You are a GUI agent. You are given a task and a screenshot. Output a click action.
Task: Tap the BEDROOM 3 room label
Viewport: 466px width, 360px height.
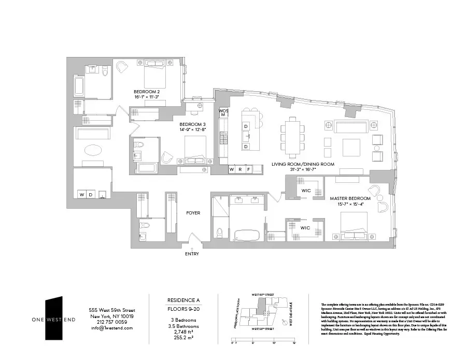[x=193, y=124]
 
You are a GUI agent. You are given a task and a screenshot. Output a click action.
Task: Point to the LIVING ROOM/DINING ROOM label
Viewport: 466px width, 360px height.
[x=303, y=164]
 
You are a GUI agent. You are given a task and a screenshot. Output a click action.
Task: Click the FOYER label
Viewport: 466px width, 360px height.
[x=193, y=213]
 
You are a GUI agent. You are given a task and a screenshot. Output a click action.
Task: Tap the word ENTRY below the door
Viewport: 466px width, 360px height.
[x=191, y=254]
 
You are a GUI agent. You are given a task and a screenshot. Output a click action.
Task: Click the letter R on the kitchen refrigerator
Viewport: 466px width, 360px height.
[x=240, y=169]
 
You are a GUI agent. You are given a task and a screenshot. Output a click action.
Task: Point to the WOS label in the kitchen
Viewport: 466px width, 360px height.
[x=223, y=111]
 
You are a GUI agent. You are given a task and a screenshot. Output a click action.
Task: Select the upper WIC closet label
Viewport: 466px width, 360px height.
[x=305, y=191]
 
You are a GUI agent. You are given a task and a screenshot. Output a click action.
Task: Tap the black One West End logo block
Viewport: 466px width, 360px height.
[x=53, y=318]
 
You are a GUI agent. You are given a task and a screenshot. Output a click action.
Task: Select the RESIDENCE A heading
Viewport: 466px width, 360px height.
[x=183, y=300]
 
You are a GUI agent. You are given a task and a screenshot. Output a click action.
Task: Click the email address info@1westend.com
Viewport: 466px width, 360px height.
[x=111, y=328]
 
